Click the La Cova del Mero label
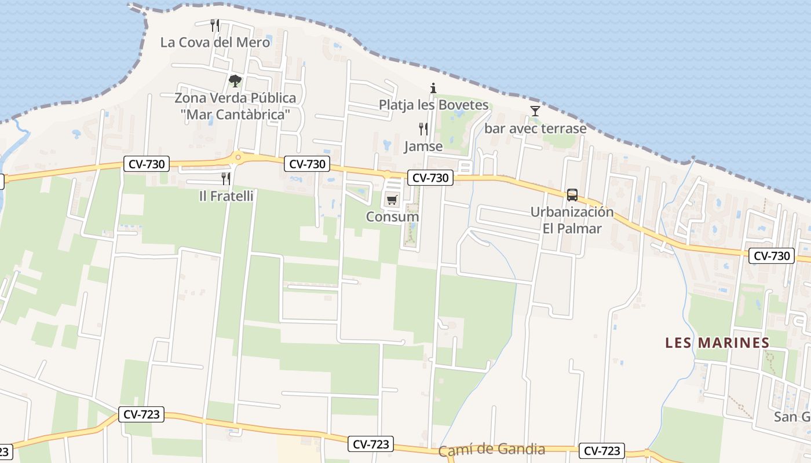(215, 42)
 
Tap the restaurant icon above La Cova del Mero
(215, 25)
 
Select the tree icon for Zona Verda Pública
(235, 81)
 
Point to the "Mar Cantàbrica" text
(235, 115)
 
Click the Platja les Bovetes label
(434, 105)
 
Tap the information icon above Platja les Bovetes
(433, 89)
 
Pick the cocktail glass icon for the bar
(535, 111)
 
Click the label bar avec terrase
(535, 128)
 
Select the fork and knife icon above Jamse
(423, 129)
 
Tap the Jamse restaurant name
(423, 146)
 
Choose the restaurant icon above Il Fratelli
(226, 179)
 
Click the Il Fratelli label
(226, 196)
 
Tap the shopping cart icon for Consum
(392, 200)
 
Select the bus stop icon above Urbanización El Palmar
(572, 195)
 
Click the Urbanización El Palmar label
(572, 220)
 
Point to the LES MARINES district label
(717, 343)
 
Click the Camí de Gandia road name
(492, 450)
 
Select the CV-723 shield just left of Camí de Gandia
(371, 444)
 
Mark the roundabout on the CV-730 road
(238, 156)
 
